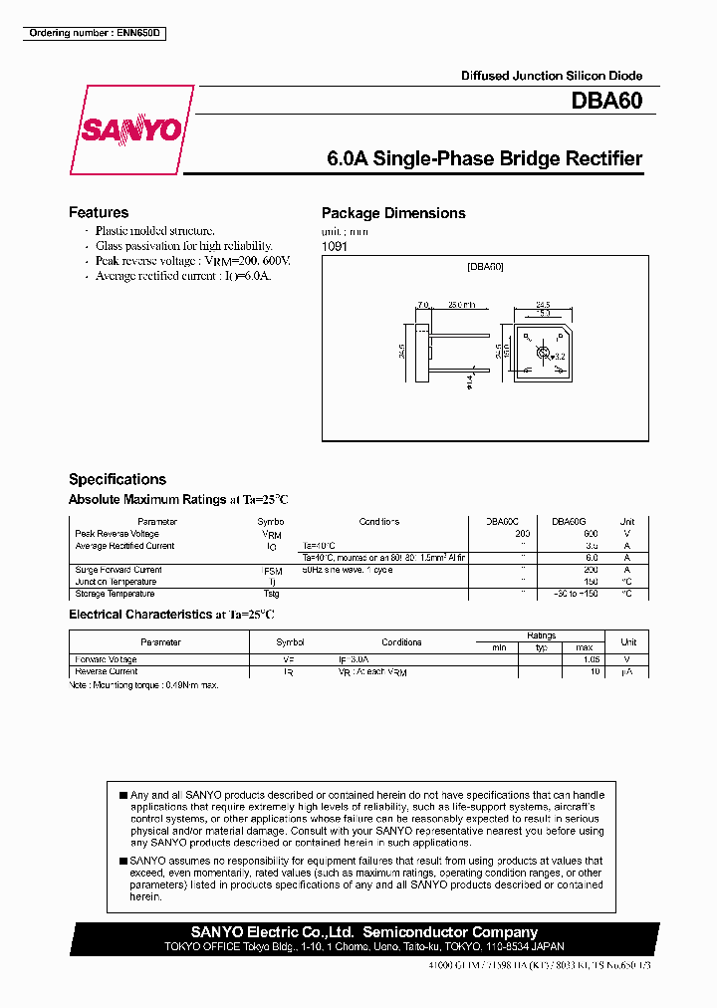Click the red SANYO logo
[131, 130]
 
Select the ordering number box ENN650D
[94, 34]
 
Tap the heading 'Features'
[99, 212]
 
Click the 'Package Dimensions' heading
[393, 213]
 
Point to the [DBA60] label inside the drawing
[486, 267]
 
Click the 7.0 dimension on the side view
[422, 305]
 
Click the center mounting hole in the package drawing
[543, 353]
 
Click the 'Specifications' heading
[118, 479]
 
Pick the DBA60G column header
[569, 522]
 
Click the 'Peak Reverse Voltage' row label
[118, 534]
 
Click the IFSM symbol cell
[272, 571]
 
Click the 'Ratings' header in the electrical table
[542, 635]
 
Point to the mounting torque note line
[143, 685]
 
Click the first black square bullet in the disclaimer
[123, 795]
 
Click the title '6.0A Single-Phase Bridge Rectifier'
[484, 159]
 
